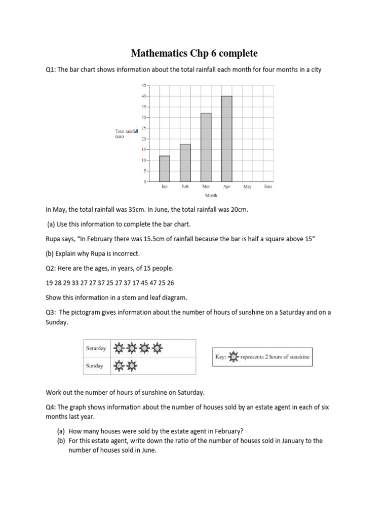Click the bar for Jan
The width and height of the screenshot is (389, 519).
coord(165,169)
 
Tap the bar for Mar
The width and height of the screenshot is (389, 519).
coord(206,147)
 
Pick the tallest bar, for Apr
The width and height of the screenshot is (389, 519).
coord(227,139)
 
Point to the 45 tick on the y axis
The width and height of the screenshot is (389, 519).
coord(143,85)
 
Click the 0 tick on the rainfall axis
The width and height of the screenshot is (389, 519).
coord(144,181)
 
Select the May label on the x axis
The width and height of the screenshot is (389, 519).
coord(247,187)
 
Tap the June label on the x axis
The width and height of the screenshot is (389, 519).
coord(268,187)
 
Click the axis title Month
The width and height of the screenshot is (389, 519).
coord(211,195)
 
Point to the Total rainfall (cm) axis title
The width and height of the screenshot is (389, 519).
coord(127,133)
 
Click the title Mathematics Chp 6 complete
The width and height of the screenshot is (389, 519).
coord(194,53)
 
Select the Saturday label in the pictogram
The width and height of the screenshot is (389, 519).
coord(96,349)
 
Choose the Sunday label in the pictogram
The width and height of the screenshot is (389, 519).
coord(95,366)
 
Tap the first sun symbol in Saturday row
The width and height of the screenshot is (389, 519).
coord(119,349)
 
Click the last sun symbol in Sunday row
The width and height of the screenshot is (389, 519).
coord(132,365)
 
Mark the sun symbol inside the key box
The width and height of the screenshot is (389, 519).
coord(233,357)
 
